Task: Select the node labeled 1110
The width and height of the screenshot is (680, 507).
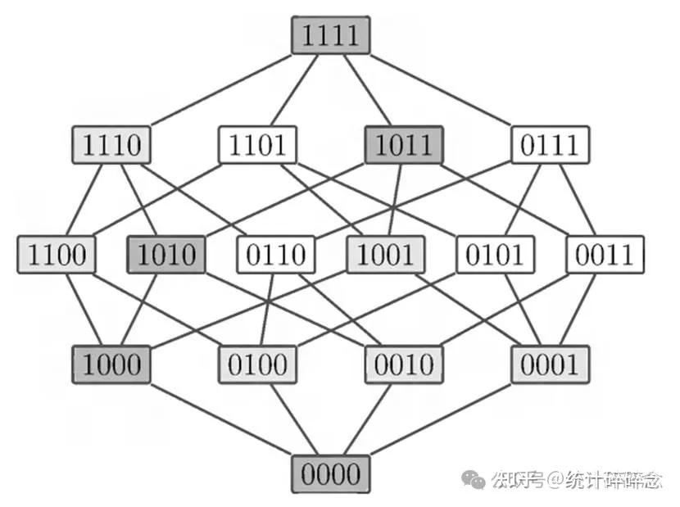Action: (x=111, y=146)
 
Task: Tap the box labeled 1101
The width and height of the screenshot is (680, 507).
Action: (x=257, y=146)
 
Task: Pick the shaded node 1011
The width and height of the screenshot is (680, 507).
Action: (x=403, y=146)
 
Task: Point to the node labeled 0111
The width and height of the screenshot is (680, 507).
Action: (x=550, y=146)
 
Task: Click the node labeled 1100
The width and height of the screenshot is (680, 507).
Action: (x=57, y=255)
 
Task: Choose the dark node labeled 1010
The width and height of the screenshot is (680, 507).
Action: (x=166, y=255)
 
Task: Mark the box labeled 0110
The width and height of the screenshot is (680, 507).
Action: (x=276, y=255)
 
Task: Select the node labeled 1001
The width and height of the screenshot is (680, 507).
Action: (x=386, y=255)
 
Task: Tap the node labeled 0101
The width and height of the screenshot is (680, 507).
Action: (x=495, y=255)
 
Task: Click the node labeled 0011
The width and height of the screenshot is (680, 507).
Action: (x=605, y=255)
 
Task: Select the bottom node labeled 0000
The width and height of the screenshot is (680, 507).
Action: (x=331, y=473)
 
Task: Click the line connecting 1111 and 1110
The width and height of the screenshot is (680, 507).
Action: (x=221, y=91)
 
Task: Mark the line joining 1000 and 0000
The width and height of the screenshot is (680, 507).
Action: (x=221, y=419)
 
